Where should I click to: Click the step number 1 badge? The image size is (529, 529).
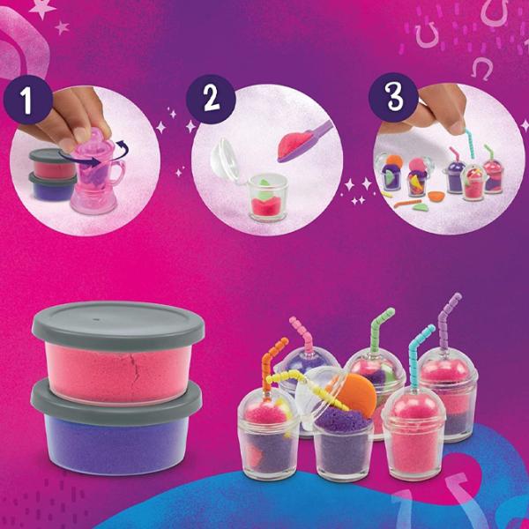[x=28, y=100]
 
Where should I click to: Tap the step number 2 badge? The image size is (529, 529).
[x=211, y=99]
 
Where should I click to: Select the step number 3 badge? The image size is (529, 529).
[x=393, y=98]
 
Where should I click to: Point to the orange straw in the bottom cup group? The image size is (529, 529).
[x=272, y=364]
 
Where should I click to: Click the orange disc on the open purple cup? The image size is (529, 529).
[x=357, y=393]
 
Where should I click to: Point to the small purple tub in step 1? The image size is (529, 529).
[x=51, y=186]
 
